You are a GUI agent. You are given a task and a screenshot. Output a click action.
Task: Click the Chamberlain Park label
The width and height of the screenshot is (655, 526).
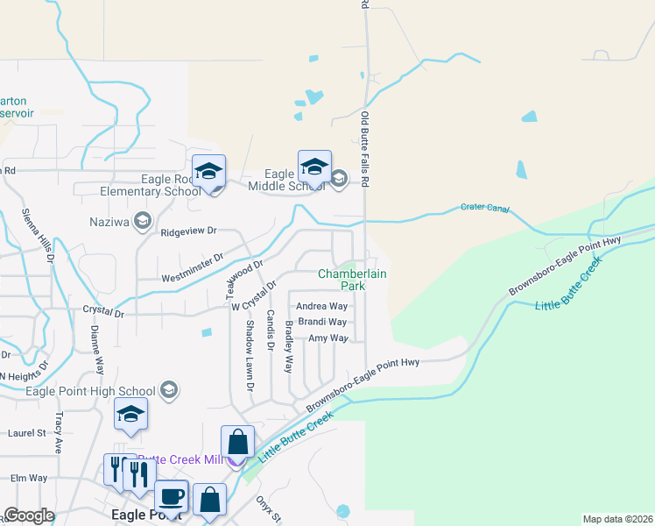(x=352, y=280)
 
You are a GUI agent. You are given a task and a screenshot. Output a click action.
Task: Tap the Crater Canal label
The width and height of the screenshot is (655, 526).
(x=484, y=209)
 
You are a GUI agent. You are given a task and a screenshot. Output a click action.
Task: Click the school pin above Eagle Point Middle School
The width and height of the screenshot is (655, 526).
(x=314, y=167)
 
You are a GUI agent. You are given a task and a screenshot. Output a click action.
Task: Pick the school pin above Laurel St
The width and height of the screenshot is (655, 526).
(x=130, y=415)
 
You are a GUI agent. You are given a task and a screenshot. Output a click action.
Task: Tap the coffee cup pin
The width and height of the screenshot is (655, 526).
(x=171, y=497)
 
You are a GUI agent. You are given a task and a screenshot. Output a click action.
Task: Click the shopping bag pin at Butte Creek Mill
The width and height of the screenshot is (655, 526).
(x=238, y=443)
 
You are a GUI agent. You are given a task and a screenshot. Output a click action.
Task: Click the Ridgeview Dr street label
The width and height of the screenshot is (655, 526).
(x=188, y=231)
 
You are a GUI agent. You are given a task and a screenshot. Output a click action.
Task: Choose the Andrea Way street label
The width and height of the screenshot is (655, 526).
(x=322, y=307)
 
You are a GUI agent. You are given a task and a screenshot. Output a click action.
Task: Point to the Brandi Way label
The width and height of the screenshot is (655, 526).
(x=323, y=322)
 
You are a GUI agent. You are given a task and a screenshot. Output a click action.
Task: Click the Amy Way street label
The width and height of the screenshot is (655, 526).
(x=327, y=338)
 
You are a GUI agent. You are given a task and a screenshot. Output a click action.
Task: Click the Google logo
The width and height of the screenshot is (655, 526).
(x=29, y=515)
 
